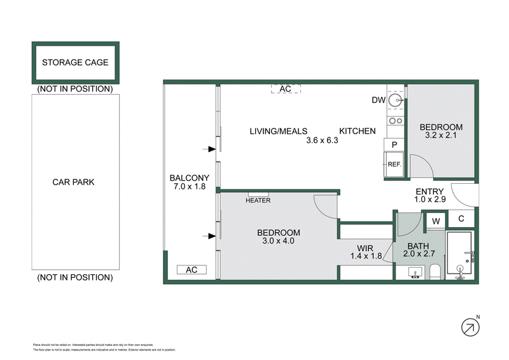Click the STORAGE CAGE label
(75, 62)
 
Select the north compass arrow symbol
(470, 327)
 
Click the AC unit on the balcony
(192, 270)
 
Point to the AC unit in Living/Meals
(285, 89)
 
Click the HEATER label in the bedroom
(258, 200)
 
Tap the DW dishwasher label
(378, 100)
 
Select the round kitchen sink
(396, 100)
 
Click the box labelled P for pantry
(394, 145)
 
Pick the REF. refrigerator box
(394, 165)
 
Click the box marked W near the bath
(436, 221)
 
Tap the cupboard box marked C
(461, 221)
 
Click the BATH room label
(417, 246)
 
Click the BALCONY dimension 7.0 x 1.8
(190, 187)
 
